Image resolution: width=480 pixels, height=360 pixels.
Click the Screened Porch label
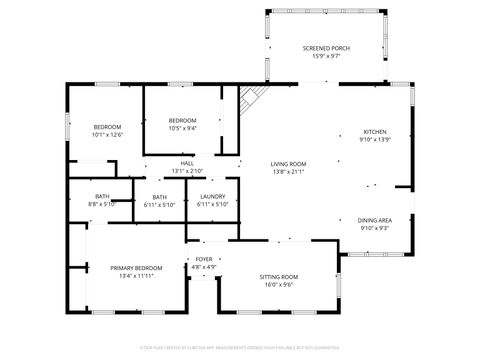[325, 47]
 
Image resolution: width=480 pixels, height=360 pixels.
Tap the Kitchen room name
[374, 131]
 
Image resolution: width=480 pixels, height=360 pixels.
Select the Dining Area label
[374, 220]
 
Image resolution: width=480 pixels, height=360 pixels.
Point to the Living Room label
[288, 164]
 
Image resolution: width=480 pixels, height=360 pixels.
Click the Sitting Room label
[279, 276]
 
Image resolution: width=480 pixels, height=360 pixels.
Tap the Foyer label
[203, 259]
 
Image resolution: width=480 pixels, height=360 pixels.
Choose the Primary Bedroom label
[135, 268]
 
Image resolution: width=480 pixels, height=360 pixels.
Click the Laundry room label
[212, 197]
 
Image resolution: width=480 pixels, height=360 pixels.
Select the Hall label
[187, 164]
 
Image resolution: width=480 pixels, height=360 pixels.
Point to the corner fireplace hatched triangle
[251, 98]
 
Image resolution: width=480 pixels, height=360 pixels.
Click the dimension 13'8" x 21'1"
[288, 172]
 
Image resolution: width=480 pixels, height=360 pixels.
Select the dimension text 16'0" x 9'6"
[279, 284]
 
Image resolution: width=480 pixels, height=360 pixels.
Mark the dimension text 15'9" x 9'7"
[325, 56]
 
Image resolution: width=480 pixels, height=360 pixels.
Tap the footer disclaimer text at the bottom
[240, 347]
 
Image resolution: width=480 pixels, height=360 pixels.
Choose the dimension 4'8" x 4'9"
[203, 267]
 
